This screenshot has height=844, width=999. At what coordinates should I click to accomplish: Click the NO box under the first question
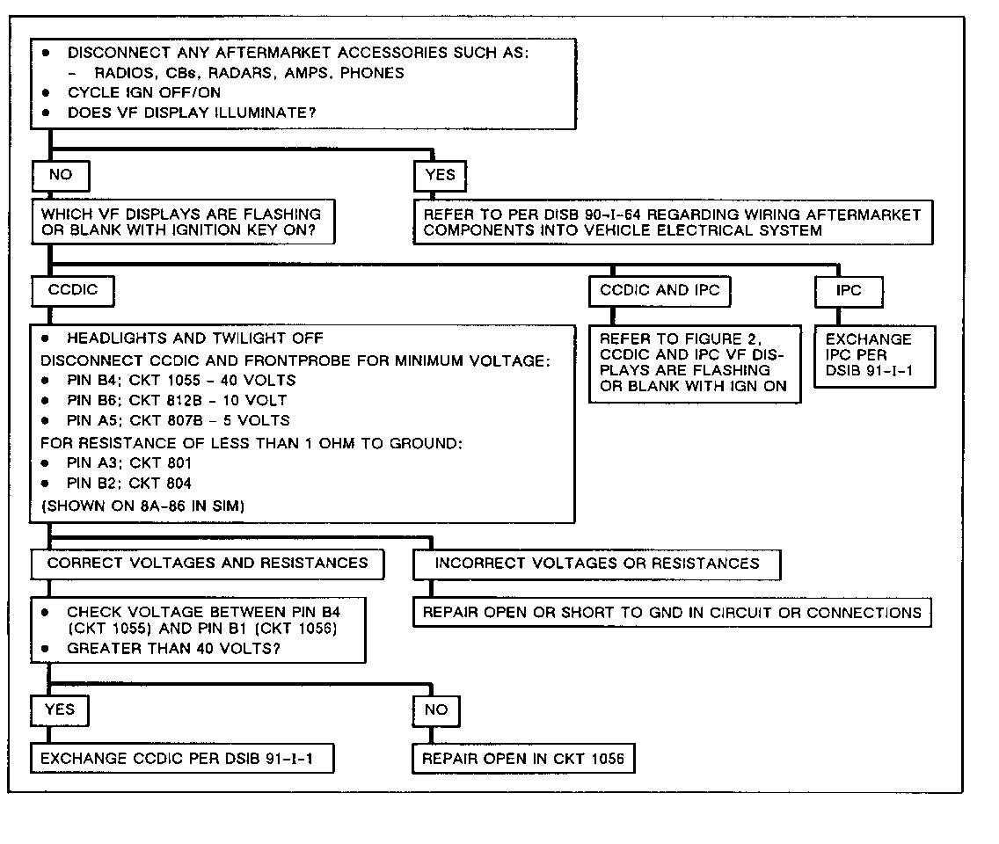[x=60, y=175]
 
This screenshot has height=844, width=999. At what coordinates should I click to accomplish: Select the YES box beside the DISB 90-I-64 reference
[x=440, y=175]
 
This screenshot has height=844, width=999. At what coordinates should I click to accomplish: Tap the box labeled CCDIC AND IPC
[x=660, y=291]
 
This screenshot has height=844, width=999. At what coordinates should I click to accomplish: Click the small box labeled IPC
[x=848, y=291]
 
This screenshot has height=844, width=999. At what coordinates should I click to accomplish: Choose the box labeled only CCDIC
[x=72, y=291]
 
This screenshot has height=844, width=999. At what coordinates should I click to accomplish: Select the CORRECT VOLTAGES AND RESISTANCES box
[x=208, y=564]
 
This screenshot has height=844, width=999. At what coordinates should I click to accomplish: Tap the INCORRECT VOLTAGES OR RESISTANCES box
[x=596, y=564]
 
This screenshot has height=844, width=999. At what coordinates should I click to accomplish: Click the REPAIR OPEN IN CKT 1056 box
[x=523, y=758]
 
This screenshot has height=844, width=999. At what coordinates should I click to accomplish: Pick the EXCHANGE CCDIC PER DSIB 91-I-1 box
[x=182, y=758]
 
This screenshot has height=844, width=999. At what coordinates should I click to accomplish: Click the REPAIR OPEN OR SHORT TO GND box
[x=672, y=612]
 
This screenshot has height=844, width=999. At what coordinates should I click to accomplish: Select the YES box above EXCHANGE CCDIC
[x=60, y=710]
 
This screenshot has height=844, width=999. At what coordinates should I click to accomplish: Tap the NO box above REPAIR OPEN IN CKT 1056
[x=436, y=710]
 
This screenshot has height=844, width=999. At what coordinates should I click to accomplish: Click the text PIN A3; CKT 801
[x=128, y=463]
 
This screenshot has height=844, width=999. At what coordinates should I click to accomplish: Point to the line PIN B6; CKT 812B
[x=176, y=401]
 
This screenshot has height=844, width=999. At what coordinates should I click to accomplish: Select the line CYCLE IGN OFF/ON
[x=144, y=92]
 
